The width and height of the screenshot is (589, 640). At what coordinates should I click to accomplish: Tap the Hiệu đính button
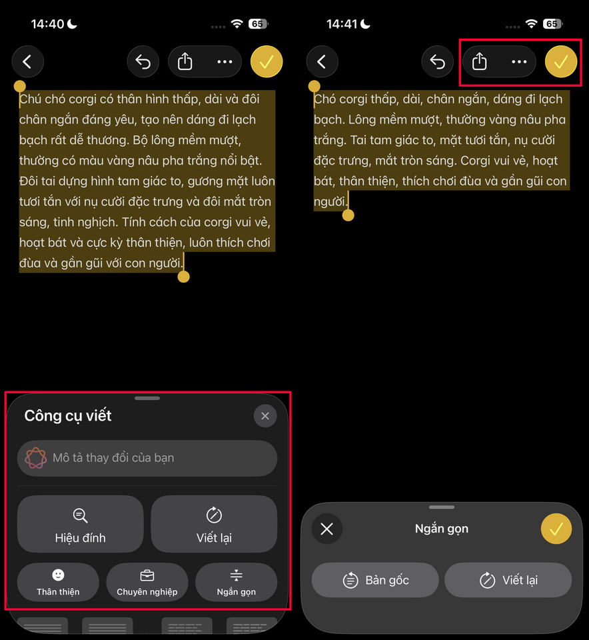81,524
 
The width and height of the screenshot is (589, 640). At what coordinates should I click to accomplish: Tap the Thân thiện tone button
58,582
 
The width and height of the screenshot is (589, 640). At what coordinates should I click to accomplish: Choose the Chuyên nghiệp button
147,582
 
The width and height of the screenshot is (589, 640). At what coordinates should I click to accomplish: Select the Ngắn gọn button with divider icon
236,582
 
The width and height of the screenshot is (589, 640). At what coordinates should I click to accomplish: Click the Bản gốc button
375,580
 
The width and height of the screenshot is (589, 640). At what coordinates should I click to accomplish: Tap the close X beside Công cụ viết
265,416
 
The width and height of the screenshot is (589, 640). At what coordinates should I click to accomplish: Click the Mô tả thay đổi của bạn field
147,458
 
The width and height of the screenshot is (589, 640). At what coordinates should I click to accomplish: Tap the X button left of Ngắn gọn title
326,529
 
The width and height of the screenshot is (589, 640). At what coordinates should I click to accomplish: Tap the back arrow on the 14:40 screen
28,62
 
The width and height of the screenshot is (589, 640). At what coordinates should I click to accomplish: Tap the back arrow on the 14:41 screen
322,62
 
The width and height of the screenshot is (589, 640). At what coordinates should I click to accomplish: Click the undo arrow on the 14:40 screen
143,62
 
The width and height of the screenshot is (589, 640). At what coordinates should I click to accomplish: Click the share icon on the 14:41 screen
480,62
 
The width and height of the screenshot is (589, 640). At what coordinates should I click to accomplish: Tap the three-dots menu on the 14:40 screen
225,62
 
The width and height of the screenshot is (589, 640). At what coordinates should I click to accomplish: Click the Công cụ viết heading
68,415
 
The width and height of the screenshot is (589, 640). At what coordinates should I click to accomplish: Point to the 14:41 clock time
342,24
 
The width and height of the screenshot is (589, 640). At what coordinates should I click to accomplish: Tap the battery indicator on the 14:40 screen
258,24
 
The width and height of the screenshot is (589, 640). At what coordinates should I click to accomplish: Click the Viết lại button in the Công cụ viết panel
214,524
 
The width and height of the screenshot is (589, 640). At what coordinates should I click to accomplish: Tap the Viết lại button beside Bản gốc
508,580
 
